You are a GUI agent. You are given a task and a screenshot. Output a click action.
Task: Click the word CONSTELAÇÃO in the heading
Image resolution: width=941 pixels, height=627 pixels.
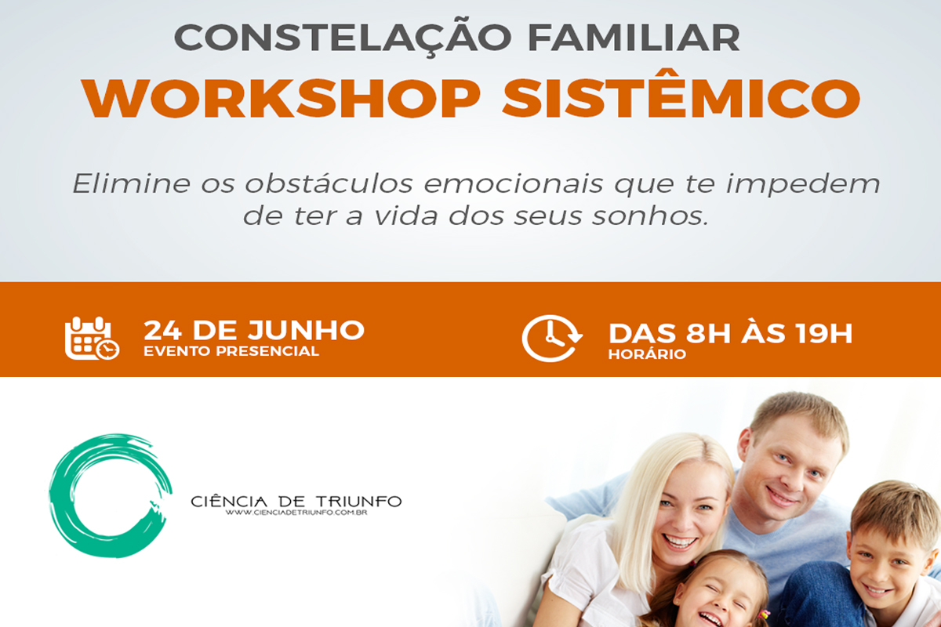(x=343, y=37)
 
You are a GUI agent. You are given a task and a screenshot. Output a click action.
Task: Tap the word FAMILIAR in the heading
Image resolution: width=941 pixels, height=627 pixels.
(x=634, y=38)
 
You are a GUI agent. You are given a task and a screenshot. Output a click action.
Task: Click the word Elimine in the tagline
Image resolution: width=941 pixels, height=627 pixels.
(x=132, y=183)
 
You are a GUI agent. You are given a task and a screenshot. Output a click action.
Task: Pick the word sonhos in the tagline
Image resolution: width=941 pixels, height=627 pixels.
(x=650, y=216)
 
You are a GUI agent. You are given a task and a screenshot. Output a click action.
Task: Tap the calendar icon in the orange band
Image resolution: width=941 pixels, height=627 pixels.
(x=92, y=338)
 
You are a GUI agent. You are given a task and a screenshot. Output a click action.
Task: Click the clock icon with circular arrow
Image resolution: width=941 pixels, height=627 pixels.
(x=552, y=338)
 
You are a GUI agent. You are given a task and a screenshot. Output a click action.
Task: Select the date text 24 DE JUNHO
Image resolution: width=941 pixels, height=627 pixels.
(x=254, y=330)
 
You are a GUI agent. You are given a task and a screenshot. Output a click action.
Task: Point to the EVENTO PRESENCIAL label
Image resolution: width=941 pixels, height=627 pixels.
(x=231, y=351)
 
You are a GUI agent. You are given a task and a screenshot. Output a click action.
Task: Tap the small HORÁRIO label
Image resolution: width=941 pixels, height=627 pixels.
(x=647, y=354)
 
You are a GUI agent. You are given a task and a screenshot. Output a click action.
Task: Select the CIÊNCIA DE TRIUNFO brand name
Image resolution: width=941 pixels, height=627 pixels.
(x=296, y=502)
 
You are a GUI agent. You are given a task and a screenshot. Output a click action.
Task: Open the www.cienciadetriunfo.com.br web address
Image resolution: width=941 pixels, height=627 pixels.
(x=296, y=513)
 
